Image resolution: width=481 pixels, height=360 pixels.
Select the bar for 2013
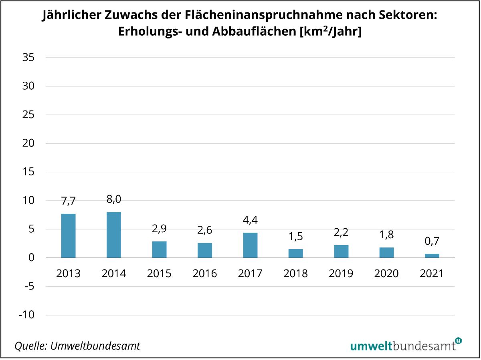[x=68, y=236]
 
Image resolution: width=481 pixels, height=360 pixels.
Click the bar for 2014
[x=114, y=235]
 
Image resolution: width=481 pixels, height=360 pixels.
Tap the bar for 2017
[x=250, y=245]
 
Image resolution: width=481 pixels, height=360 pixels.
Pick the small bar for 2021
[x=432, y=255]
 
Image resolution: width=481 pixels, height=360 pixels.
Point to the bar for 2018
[x=295, y=253]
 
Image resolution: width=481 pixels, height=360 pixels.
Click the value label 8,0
[x=114, y=199]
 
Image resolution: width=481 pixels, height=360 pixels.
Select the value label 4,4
[x=250, y=220]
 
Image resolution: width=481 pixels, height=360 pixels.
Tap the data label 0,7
[x=432, y=241]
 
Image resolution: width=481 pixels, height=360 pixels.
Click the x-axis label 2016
[x=204, y=274]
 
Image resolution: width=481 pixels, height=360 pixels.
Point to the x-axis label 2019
[x=341, y=274]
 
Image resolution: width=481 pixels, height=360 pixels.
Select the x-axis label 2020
[x=386, y=274]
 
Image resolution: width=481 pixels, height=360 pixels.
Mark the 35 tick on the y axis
[x=28, y=58]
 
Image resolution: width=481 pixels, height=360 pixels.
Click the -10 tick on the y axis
[x=26, y=315]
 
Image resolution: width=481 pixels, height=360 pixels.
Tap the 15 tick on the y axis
[x=28, y=172]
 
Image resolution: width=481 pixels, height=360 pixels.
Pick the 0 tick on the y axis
[x=32, y=258]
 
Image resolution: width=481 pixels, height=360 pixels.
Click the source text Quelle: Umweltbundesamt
[x=77, y=346]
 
